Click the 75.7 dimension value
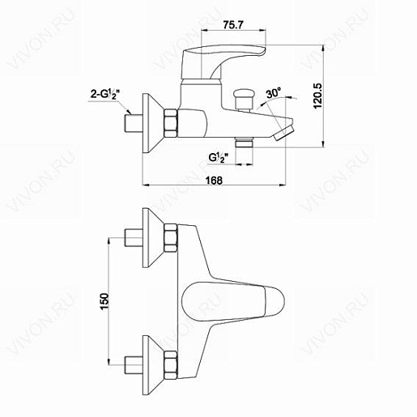[x=233, y=25]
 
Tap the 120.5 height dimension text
[x=317, y=96]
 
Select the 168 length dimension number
[x=215, y=180]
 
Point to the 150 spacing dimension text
[x=104, y=301]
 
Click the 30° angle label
[x=274, y=93]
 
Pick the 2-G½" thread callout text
[x=105, y=95]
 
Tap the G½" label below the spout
[x=219, y=157]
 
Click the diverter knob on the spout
[x=245, y=100]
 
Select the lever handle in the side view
[x=223, y=62]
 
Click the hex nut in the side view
[x=171, y=123]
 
